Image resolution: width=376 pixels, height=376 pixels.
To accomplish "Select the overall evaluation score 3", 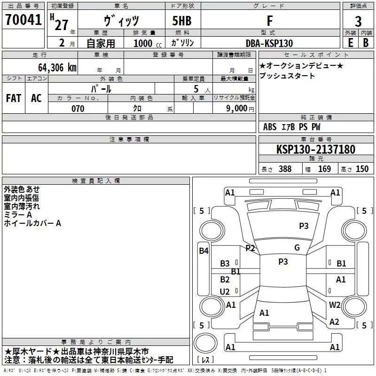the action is [358, 22].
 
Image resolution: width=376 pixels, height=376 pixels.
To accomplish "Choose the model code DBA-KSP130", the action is [269, 43].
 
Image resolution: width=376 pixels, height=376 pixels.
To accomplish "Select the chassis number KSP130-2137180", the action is [316, 149].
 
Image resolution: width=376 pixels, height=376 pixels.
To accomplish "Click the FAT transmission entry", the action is [13, 98].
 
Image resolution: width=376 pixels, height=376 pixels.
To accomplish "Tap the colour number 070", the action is [78, 109].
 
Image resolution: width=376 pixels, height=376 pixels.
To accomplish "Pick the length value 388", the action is [284, 169].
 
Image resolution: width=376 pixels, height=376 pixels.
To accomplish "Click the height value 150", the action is [362, 169].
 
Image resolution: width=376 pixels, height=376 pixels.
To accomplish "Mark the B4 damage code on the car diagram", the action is [204, 251].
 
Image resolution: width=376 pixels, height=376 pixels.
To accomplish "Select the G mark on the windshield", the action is [297, 248].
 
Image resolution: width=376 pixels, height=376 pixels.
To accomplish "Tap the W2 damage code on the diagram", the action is [335, 305].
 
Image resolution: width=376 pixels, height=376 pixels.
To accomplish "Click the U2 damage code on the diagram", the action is [225, 292].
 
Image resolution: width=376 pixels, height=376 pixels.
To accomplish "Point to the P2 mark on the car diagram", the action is [250, 248].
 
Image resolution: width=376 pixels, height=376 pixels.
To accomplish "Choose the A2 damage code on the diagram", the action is [334, 322].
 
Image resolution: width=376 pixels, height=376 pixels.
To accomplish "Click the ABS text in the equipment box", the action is [270, 127].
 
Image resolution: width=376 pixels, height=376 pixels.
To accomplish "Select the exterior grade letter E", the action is [350, 43].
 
